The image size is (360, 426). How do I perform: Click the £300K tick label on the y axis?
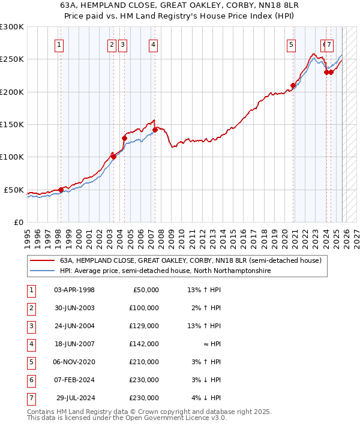pos(12,27)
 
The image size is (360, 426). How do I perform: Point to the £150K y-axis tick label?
pos(12,124)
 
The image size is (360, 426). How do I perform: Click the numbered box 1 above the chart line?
pos(59,44)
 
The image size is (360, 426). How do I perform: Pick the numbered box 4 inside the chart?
pos(154,44)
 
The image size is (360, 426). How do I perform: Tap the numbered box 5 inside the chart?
pos(291,44)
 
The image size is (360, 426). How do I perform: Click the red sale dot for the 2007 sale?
pos(155,130)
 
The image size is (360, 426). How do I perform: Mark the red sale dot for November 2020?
pos(293,86)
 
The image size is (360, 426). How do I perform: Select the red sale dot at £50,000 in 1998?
pos(61,190)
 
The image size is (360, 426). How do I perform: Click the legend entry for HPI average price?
pos(165,271)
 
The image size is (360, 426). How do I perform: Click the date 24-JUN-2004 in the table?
pos(74,326)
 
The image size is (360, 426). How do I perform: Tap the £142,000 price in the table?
pos(145,344)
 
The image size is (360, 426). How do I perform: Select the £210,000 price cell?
pos(145,362)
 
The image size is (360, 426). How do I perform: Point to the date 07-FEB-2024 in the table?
pos(74,380)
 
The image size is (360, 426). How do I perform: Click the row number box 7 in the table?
pos(31,398)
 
